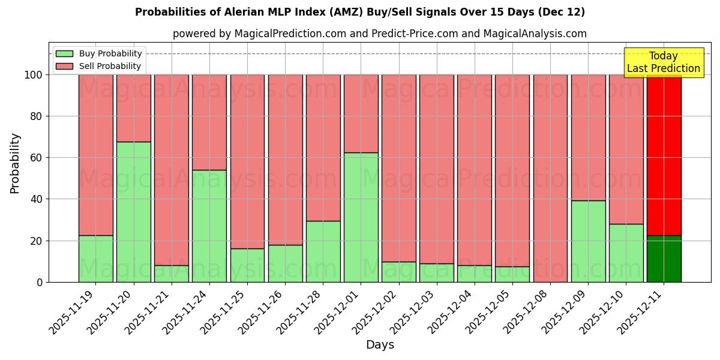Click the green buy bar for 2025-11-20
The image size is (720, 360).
[133, 212]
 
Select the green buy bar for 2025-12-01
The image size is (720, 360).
[361, 217]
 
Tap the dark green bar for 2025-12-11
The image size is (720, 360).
[664, 259]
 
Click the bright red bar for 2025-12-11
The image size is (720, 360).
[664, 155]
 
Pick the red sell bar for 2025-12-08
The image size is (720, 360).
[550, 178]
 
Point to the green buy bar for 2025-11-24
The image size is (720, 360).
[209, 226]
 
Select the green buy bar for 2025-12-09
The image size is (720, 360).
[588, 241]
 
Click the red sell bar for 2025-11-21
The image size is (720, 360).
[172, 170]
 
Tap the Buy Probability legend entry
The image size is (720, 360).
[99, 53]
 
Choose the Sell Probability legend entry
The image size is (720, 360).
[99, 66]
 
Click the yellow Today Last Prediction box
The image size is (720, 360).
[663, 62]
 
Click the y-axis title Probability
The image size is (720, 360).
[15, 163]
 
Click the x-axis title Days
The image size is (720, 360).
[380, 345]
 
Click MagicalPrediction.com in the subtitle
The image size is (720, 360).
[289, 34]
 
